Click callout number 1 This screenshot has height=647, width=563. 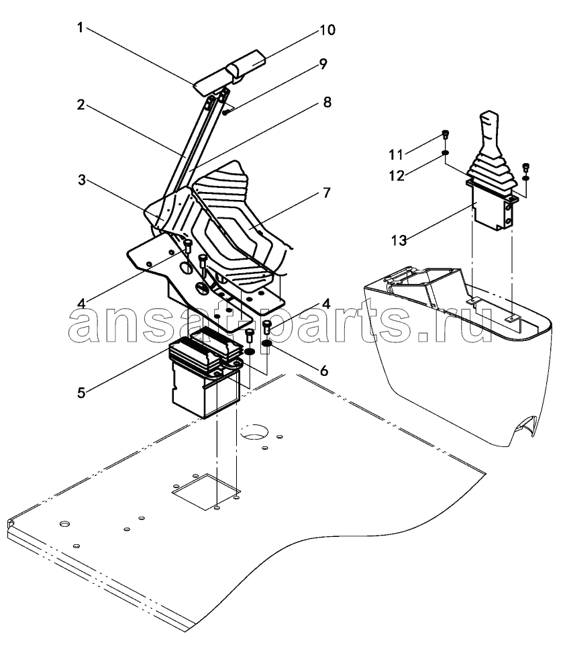pos(80,28)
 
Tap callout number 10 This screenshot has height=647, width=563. pos(328,30)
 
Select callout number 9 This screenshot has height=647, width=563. pos(323,64)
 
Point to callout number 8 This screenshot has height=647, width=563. pos(327,102)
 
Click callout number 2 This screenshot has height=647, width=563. pos(81,105)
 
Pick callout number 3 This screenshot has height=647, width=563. pos(82,180)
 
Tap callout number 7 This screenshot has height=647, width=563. pos(327,193)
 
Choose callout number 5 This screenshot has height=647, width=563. pos(81,393)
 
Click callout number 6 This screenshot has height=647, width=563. pos(324,370)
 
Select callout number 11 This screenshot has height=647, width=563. pos(396,155)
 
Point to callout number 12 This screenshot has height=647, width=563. pos(397,176)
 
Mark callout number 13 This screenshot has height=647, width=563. pos(399,240)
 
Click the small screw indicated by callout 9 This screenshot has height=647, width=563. pos(225,112)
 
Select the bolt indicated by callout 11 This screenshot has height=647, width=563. pos(445,134)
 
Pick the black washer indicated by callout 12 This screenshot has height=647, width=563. pos(445,154)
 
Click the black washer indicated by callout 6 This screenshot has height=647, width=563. pos(267,344)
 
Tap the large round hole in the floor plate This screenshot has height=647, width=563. pos(254,432)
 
